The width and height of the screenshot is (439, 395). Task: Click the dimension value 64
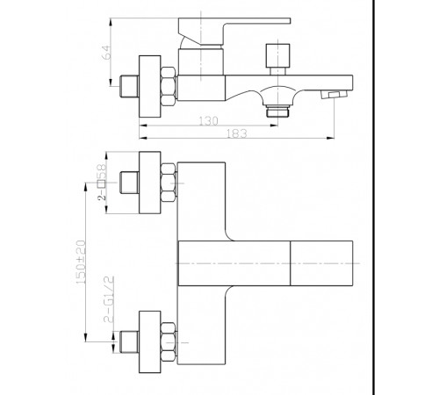point(108,53)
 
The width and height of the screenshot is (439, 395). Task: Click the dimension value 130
point(208,121)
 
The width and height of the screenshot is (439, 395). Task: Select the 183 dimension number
point(237,133)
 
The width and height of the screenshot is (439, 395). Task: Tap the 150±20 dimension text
point(81,262)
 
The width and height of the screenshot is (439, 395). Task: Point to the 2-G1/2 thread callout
point(109,299)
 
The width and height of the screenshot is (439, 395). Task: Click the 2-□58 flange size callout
point(102,182)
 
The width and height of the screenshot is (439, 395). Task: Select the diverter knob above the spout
point(277,60)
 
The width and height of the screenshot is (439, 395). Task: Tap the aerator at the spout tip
point(334,95)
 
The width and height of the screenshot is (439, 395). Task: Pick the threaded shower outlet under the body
point(277,111)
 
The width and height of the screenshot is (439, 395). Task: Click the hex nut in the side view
point(169,86)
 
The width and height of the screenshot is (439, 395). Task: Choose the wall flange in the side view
point(150,87)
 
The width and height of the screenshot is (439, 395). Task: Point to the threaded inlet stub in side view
point(129,87)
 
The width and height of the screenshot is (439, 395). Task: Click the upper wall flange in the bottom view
point(150,183)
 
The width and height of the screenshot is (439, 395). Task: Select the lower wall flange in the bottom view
point(150,341)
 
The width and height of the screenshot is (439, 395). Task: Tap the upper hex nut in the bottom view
point(169,183)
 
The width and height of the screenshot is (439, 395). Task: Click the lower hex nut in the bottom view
point(169,341)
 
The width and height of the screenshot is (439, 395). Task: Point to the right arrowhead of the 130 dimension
point(274,126)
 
